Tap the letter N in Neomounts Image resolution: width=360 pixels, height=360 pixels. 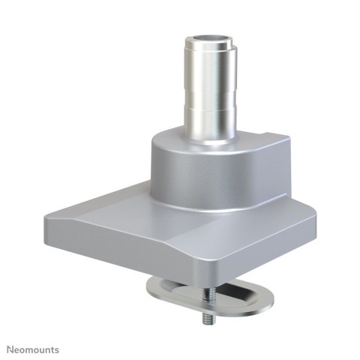click(x=10, y=349)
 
